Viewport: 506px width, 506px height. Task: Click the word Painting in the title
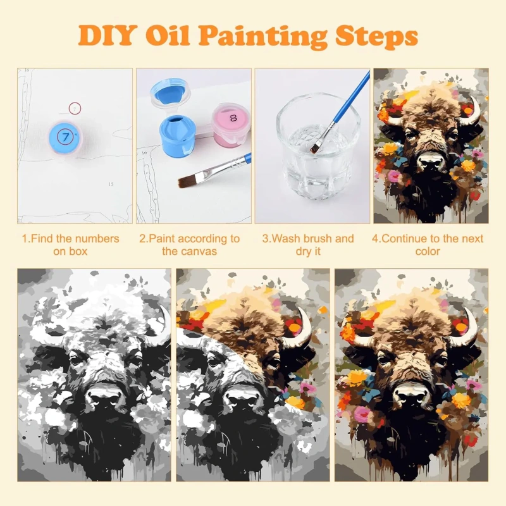(262, 36)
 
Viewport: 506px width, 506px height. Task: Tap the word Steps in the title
(376, 36)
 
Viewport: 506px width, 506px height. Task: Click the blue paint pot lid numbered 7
(66, 137)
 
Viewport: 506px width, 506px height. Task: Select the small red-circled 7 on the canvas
(75, 108)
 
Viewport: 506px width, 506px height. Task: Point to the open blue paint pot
(177, 135)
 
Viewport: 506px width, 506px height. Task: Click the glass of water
(318, 146)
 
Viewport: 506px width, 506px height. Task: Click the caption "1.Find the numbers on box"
(70, 245)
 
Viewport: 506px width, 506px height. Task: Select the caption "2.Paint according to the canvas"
(189, 245)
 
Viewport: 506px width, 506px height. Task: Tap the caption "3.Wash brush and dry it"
(308, 245)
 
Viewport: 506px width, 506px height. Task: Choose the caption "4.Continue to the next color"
(428, 245)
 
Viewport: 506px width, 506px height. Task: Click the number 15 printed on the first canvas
(111, 184)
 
